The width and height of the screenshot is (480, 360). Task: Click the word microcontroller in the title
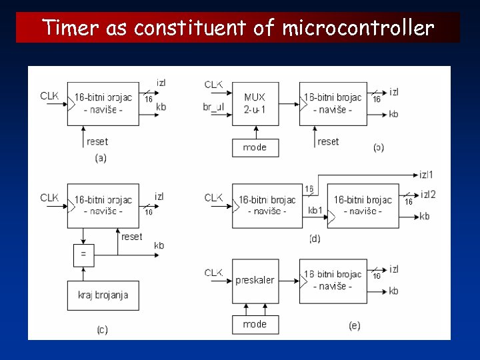click(358, 28)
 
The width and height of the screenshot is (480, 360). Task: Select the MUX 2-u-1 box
click(255, 103)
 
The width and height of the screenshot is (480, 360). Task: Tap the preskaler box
click(255, 281)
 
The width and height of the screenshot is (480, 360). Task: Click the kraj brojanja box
click(103, 295)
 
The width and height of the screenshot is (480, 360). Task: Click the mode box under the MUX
click(255, 147)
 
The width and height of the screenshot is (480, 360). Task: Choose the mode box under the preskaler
click(255, 324)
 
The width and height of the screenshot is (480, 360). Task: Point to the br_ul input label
click(214, 107)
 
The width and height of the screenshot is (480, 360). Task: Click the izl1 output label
click(427, 175)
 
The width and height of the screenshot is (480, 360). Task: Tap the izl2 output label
click(428, 194)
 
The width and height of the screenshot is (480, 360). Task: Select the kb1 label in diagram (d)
click(315, 211)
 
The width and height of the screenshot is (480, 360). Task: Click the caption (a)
click(101, 159)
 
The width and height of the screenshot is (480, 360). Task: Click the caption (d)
click(315, 239)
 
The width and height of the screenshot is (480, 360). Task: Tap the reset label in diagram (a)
click(97, 141)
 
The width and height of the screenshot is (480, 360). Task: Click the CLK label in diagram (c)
click(49, 197)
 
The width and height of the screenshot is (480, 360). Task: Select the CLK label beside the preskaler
click(213, 272)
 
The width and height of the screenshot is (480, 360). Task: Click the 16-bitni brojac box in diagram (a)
click(103, 103)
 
